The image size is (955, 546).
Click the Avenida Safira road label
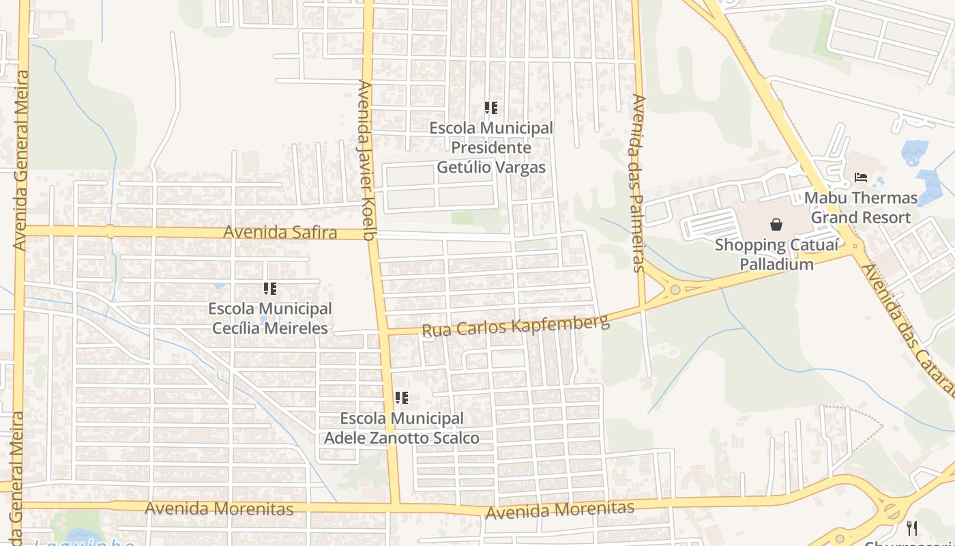[x=280, y=232]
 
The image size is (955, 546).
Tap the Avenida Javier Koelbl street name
[x=366, y=160]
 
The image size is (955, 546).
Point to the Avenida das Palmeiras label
[x=638, y=183]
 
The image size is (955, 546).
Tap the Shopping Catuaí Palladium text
[x=776, y=254]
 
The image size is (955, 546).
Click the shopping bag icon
[x=776, y=224]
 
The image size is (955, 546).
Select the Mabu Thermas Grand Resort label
[x=861, y=207]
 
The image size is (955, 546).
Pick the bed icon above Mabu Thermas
[x=861, y=177]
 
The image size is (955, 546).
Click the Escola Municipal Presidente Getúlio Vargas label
[x=491, y=147]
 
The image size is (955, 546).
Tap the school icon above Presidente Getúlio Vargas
[x=491, y=107]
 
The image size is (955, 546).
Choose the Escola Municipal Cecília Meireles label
[x=270, y=318]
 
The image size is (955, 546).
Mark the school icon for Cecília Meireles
[x=270, y=289]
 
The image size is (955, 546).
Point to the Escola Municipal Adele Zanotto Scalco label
[x=402, y=428]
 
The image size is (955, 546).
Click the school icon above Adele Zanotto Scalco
[x=402, y=397]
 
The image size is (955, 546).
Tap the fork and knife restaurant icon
[x=912, y=527]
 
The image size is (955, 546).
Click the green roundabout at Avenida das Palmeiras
[x=675, y=289]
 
